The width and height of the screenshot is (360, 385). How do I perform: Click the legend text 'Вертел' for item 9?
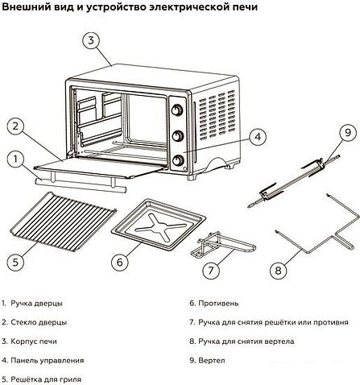[210, 360]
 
